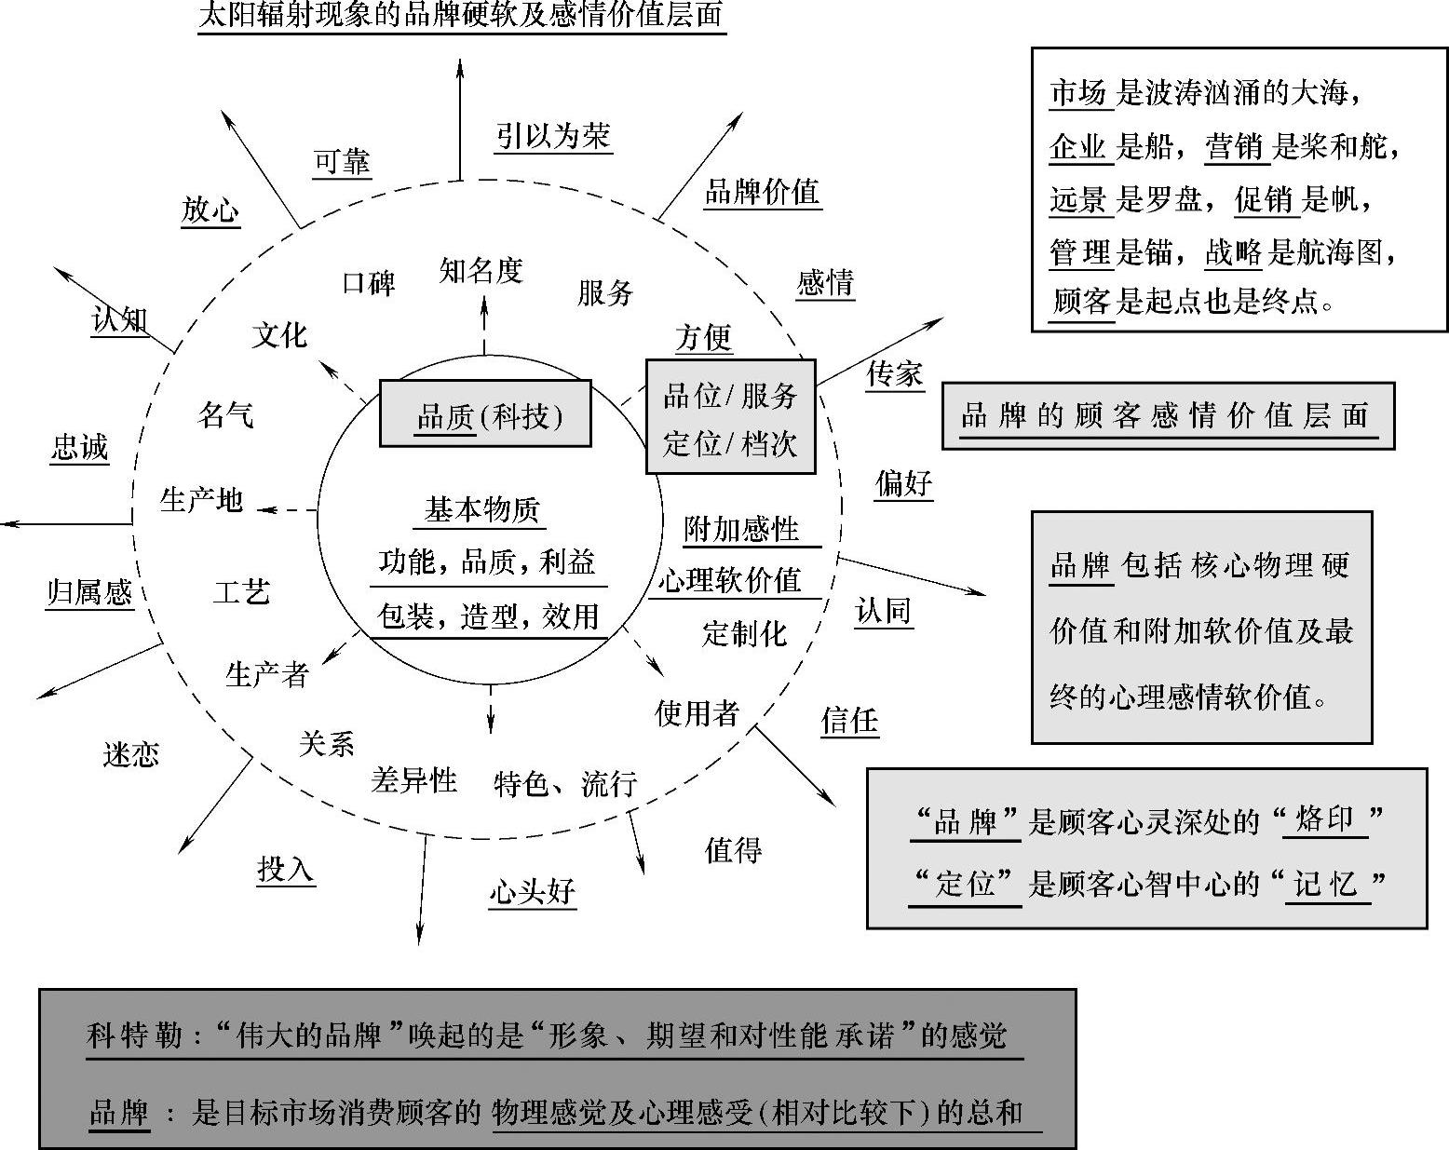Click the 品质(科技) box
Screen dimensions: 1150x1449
click(485, 413)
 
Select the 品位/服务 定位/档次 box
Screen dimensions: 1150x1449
click(731, 416)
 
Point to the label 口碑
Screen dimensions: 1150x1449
click(369, 282)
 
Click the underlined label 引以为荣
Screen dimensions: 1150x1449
click(553, 136)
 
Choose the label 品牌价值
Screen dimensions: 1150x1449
click(762, 192)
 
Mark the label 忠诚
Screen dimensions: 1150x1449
click(79, 447)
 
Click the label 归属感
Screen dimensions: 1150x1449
click(89, 591)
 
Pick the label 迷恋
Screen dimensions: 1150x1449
click(130, 753)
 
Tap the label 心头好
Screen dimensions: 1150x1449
click(532, 891)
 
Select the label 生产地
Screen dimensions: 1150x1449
click(201, 500)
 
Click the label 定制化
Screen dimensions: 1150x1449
click(744, 633)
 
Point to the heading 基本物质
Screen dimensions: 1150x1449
click(481, 509)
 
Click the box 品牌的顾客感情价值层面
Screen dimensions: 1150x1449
click(1168, 415)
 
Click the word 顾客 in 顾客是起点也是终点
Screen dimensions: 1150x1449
click(1081, 301)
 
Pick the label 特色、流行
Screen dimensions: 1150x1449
click(565, 783)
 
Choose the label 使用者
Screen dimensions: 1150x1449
click(697, 712)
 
